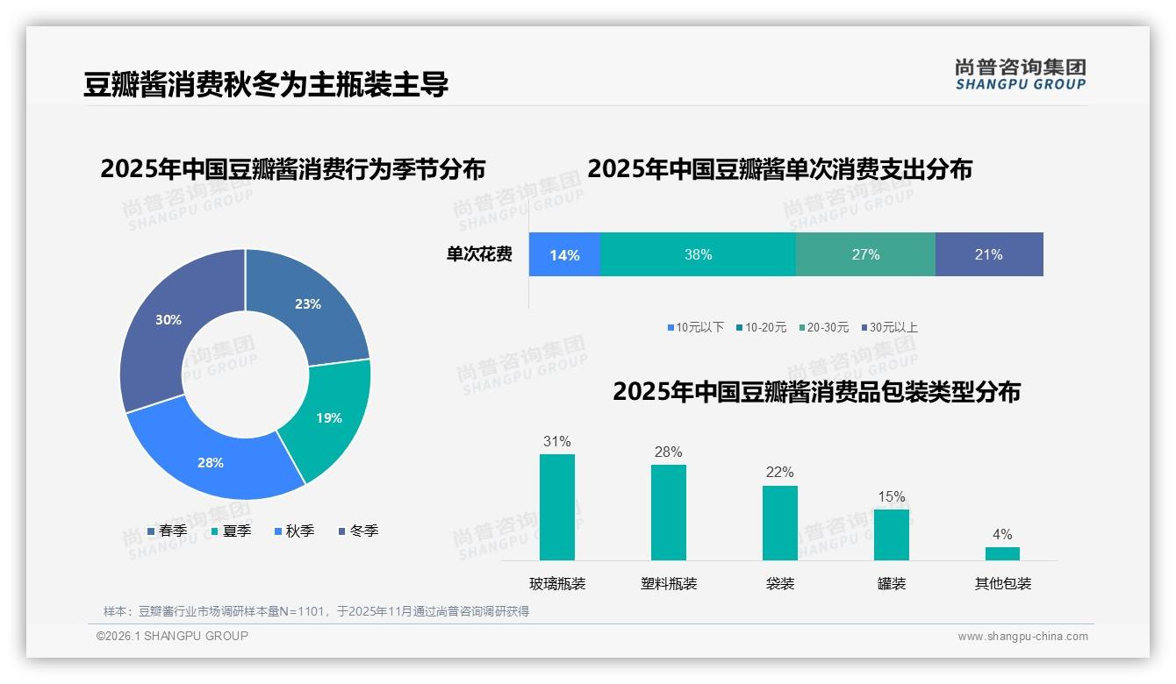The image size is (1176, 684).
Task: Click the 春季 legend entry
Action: click(167, 531)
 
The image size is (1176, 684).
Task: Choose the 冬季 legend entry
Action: click(358, 531)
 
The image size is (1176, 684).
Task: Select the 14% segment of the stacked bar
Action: click(564, 255)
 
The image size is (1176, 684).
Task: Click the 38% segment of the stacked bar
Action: click(698, 255)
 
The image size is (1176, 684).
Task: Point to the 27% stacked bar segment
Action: click(865, 255)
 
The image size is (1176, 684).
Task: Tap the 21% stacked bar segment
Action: click(989, 255)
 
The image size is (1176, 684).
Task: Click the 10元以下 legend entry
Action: click(695, 328)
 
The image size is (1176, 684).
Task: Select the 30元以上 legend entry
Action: click(888, 328)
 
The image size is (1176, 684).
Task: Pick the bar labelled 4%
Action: click(1002, 553)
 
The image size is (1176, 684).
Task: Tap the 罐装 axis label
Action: click(891, 583)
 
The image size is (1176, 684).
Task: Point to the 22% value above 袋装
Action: click(779, 473)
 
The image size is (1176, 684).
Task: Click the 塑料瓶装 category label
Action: click(669, 583)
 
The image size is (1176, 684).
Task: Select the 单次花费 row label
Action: click(479, 255)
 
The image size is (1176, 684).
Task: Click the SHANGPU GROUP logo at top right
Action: click(1020, 75)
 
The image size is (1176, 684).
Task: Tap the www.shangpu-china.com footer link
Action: click(1022, 637)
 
